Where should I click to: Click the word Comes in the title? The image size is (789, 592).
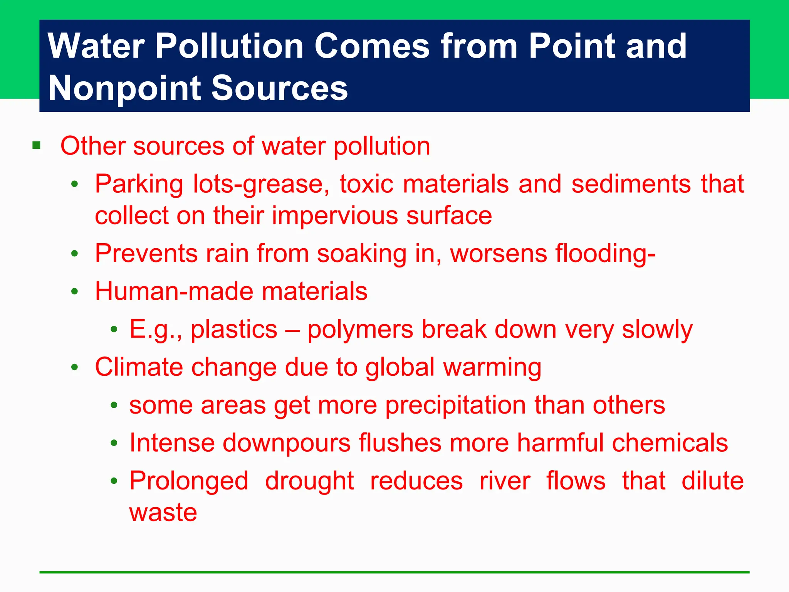pyautogui.click(x=372, y=46)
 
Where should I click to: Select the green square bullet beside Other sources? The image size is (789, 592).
pyautogui.click(x=37, y=146)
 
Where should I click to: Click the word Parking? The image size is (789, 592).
pyautogui.click(x=139, y=184)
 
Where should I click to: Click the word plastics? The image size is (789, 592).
pyautogui.click(x=234, y=330)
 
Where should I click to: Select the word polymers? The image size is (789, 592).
pyautogui.click(x=360, y=330)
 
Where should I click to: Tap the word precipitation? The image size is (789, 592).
pyautogui.click(x=455, y=405)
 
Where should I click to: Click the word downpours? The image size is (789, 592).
pyautogui.click(x=286, y=443)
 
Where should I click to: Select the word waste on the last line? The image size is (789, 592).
pyautogui.click(x=163, y=513)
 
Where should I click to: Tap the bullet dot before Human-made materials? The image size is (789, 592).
pyautogui.click(x=75, y=291)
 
